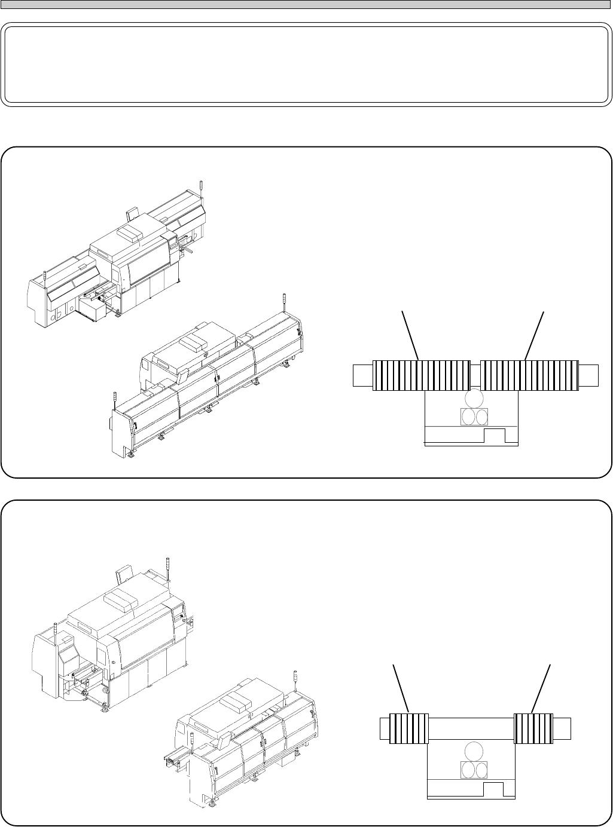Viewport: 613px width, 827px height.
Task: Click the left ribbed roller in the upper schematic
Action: [x=421, y=375]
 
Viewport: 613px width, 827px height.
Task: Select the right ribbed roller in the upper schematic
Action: [x=530, y=375]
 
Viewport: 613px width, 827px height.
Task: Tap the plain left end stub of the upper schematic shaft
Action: [x=362, y=375]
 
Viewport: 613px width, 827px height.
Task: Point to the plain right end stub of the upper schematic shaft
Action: [x=588, y=375]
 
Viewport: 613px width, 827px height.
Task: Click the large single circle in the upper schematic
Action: [x=474, y=399]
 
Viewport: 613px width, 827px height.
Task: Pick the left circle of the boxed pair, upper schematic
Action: [x=468, y=416]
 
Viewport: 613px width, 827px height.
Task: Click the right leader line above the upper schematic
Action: [x=535, y=335]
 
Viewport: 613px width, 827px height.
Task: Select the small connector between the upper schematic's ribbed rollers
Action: [x=476, y=375]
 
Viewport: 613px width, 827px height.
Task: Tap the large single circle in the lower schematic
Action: [x=474, y=752]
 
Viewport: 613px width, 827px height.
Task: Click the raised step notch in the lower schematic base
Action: [x=493, y=789]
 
